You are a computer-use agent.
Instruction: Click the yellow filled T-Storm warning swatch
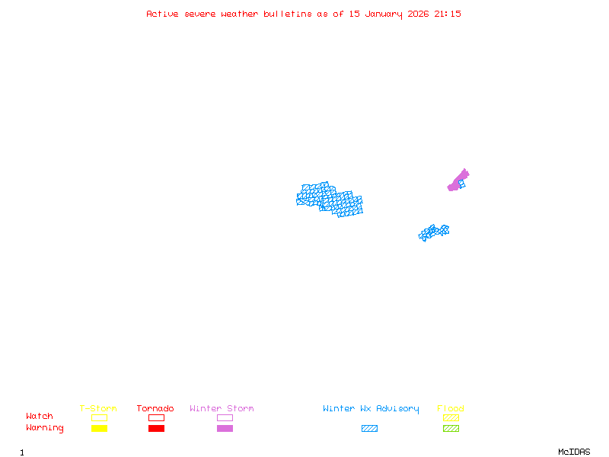click(x=99, y=429)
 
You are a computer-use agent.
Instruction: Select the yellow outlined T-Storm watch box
click(x=99, y=417)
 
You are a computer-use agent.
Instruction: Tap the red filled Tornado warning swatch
click(x=156, y=429)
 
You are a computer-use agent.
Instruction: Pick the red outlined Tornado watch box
click(x=156, y=417)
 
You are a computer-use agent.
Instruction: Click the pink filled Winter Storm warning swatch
click(x=225, y=429)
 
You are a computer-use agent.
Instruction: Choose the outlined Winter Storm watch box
click(x=225, y=417)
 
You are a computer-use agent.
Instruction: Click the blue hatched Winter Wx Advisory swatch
click(x=369, y=429)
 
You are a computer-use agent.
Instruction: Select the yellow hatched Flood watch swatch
click(x=451, y=417)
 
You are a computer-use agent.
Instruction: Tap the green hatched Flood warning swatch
click(x=451, y=429)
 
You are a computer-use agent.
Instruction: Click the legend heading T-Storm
click(x=98, y=409)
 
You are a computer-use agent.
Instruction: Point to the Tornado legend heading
click(x=155, y=409)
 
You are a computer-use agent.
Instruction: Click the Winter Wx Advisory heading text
click(x=371, y=409)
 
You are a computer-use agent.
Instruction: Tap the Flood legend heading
click(x=450, y=409)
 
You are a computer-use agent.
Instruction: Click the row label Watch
click(x=40, y=417)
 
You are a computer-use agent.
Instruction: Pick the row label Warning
click(x=45, y=428)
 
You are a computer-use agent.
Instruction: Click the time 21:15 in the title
click(x=448, y=14)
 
